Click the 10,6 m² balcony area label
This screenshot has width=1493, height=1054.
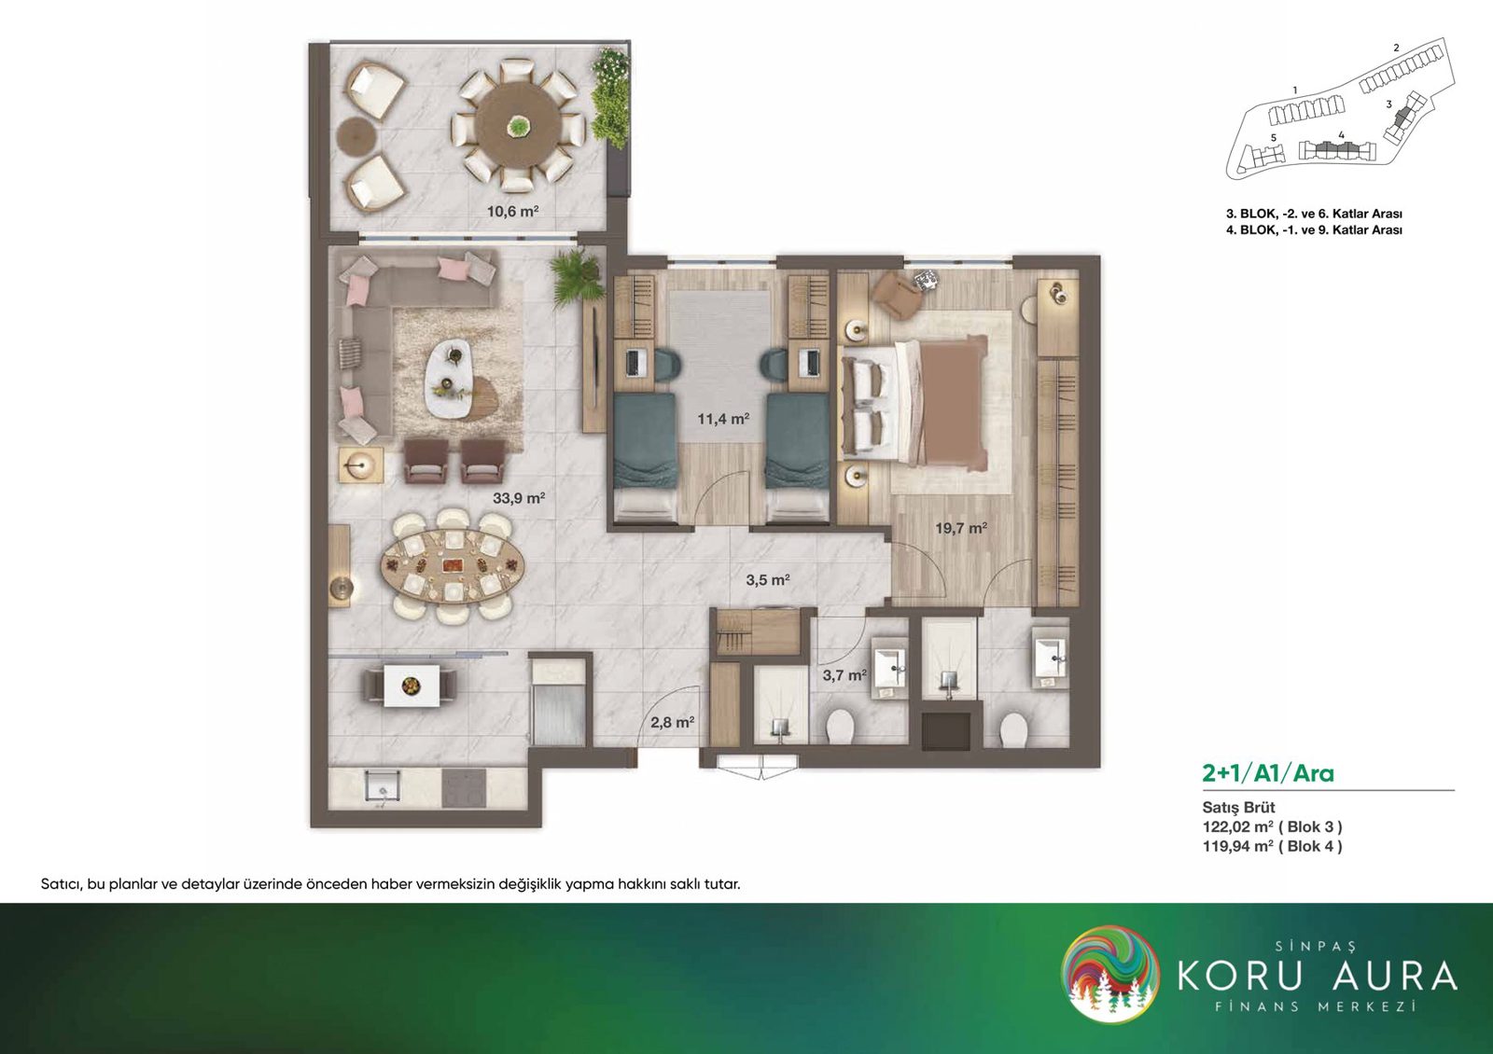512,212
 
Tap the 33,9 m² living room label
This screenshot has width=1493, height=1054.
519,497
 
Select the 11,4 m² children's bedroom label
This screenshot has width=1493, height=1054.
724,419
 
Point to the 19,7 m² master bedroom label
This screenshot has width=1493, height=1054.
961,528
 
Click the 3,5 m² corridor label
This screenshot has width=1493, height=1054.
768,579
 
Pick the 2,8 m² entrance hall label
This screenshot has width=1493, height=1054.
673,722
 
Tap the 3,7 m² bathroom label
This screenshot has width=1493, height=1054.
844,675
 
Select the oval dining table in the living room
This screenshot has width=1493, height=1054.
453,566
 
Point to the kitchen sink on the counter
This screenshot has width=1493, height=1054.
382,787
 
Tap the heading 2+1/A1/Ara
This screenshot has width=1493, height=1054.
1268,773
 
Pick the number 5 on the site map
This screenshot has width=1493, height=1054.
1273,138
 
